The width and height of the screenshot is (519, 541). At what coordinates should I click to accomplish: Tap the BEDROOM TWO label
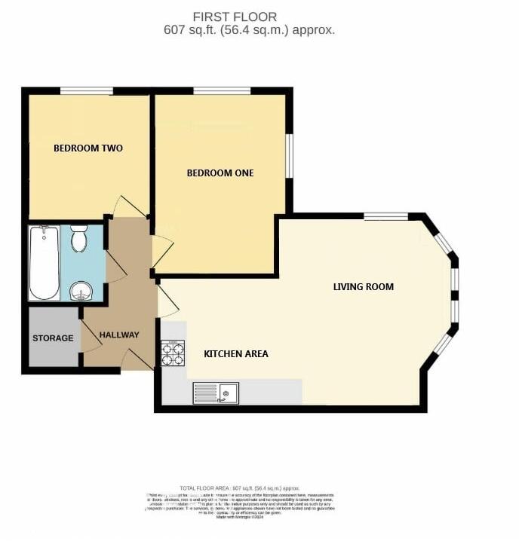pos(88,148)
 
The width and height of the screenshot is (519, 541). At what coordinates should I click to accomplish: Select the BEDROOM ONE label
pos(220,173)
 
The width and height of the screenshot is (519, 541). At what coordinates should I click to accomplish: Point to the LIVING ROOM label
pos(364,287)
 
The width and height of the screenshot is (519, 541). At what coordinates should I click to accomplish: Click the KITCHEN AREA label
pos(236,354)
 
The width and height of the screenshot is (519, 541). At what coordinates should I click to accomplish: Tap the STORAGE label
pos(53,338)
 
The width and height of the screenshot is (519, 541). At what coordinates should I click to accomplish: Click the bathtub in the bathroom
pos(45,263)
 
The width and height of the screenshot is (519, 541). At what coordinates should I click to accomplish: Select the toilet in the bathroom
pos(79,240)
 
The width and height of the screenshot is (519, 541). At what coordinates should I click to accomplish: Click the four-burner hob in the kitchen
pos(173,354)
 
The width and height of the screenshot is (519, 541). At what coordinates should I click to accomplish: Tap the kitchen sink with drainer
pos(217,393)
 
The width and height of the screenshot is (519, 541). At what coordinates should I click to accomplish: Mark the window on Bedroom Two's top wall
pos(87,91)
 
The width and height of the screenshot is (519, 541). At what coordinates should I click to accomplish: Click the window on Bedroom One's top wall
pos(222,91)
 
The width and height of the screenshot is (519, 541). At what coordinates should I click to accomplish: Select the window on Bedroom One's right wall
pos(289,156)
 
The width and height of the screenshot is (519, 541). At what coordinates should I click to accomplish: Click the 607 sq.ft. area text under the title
pos(249,31)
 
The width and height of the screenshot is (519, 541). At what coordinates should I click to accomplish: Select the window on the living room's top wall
pos(385,217)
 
